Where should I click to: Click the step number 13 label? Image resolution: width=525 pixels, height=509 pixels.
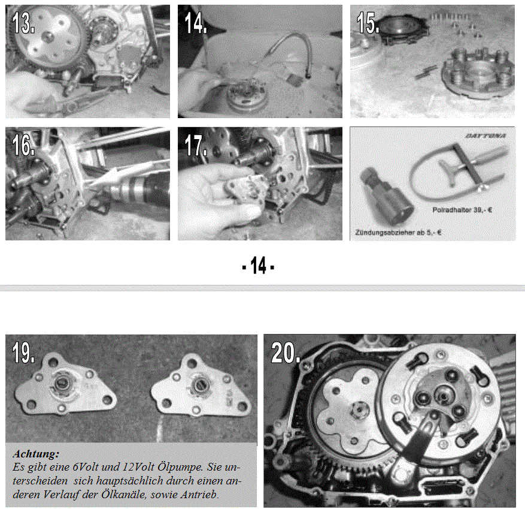pyautogui.click(x=23, y=22)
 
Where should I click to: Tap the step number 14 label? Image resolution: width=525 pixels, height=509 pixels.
pyautogui.click(x=196, y=22)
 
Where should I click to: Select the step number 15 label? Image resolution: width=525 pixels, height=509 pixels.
pyautogui.click(x=368, y=22)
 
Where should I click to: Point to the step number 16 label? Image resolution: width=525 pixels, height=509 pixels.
pyautogui.click(x=23, y=145)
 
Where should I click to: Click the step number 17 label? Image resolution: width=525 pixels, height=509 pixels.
pyautogui.click(x=196, y=145)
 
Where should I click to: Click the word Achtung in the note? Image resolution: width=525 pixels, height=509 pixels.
pyautogui.click(x=36, y=454)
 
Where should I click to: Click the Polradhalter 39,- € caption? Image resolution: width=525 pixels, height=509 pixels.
pyautogui.click(x=462, y=210)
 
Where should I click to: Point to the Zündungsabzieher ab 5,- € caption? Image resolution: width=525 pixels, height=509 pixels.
pyautogui.click(x=397, y=232)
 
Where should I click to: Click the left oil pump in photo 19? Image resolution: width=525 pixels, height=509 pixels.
pyautogui.click(x=65, y=385)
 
